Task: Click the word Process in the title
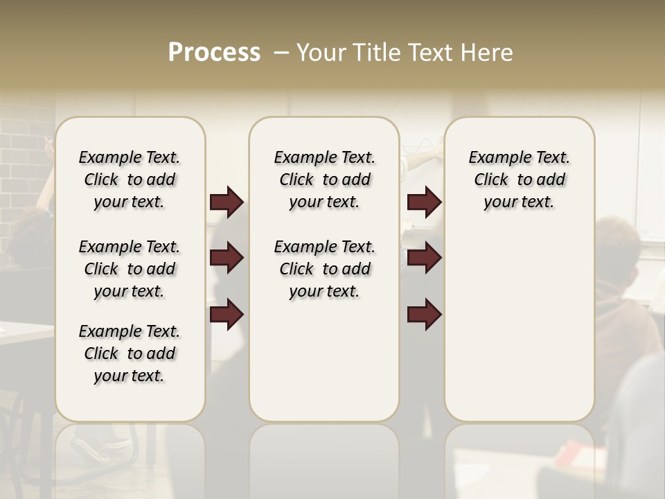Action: pos(214,53)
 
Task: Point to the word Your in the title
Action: pos(323,53)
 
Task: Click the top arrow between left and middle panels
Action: pos(227,202)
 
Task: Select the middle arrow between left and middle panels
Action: pos(227,258)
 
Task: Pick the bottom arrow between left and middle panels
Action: pos(227,314)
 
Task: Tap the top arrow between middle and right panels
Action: pos(424,202)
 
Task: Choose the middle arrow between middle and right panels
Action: pos(424,258)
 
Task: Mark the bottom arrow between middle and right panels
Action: pos(424,314)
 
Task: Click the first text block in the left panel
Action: pos(130,180)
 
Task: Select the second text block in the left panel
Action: pos(130,269)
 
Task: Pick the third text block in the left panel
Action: pos(130,353)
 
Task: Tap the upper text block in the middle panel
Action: pos(324,180)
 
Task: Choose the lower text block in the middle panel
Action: pos(324,269)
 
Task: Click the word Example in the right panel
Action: pos(493,158)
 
